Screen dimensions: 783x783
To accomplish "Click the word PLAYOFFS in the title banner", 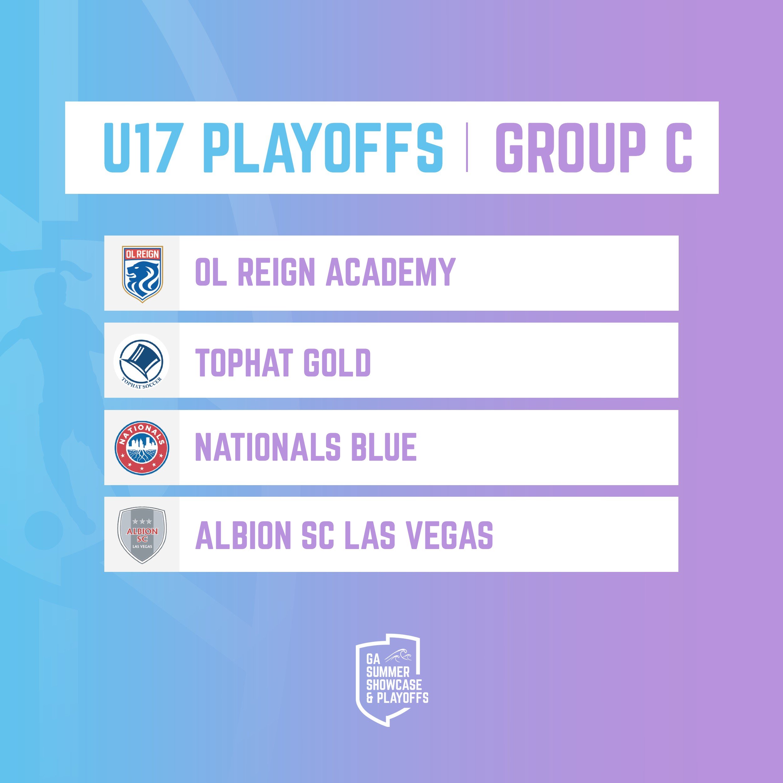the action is coord(323,148).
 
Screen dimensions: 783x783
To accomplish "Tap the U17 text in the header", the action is coord(141,148).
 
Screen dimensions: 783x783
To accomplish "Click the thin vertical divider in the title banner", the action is coord(467,147).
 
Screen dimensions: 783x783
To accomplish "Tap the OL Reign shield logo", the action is coord(142,274).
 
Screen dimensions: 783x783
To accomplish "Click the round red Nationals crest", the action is coord(142,448).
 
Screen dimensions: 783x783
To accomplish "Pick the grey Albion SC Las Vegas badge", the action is coord(142,535).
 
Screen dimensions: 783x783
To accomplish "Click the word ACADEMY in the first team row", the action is coord(391,272).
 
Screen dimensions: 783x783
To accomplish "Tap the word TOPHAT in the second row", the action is coord(244,362).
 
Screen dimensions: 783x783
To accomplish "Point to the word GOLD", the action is coord(337,362).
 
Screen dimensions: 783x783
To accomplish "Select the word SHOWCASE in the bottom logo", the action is coord(394,685).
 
